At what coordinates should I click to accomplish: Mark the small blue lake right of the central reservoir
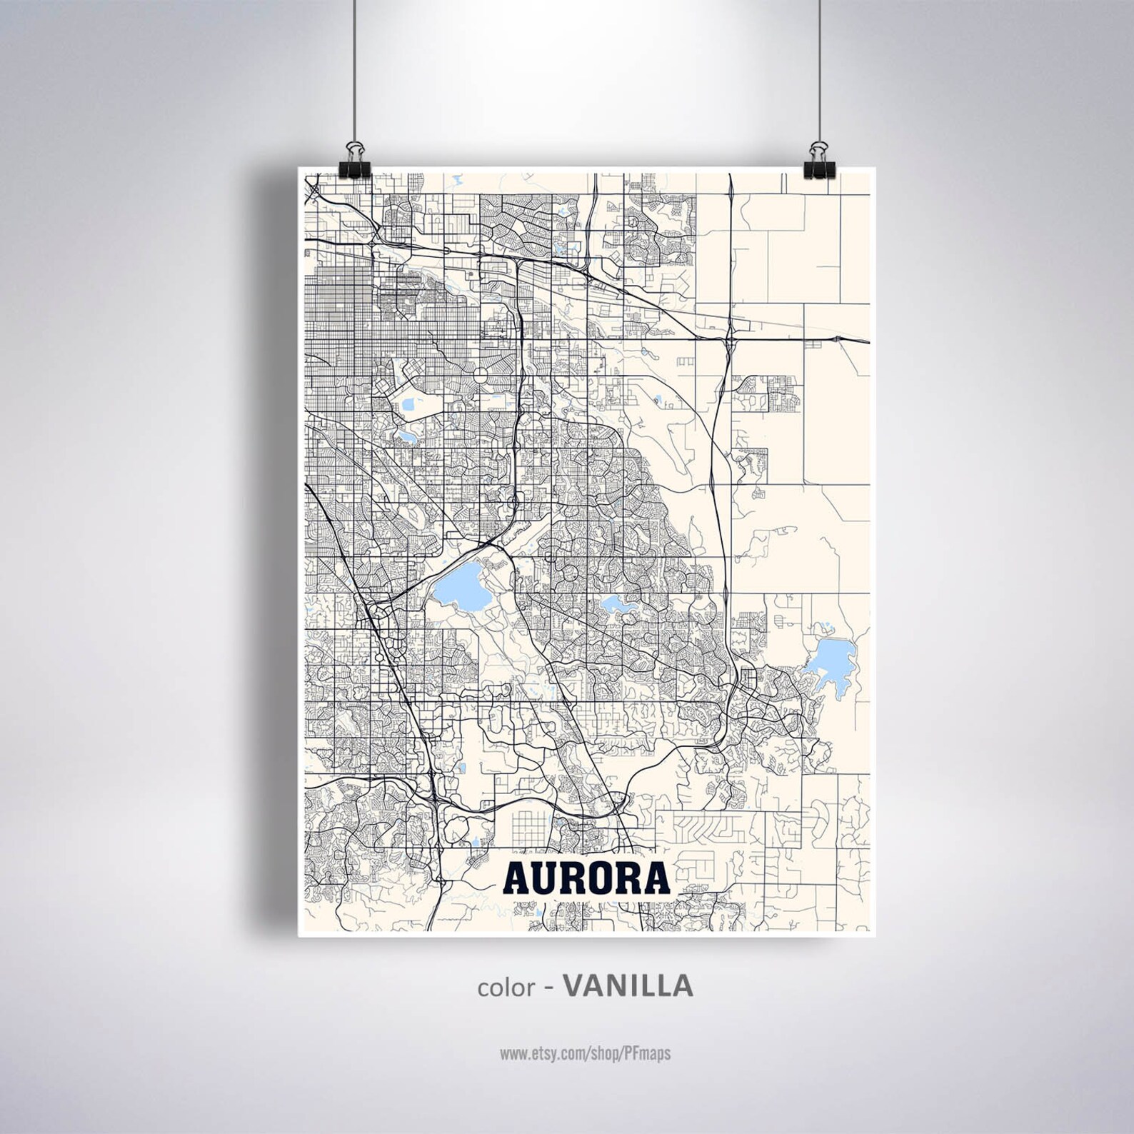tap(618, 606)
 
